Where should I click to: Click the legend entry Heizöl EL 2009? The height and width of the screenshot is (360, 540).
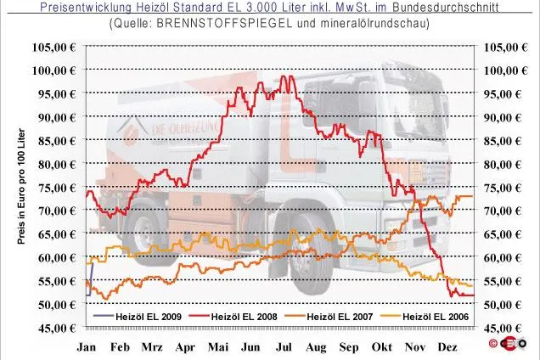(x=138, y=316)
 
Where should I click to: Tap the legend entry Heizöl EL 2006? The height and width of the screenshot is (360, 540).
(x=425, y=316)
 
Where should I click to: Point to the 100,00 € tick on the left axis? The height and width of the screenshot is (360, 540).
(x=53, y=70)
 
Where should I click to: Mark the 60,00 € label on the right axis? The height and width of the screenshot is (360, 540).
(x=503, y=257)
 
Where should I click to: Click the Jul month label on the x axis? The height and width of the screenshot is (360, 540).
(x=284, y=347)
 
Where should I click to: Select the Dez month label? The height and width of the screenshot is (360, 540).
(x=447, y=347)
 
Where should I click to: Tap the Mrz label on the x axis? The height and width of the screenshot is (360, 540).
(x=152, y=347)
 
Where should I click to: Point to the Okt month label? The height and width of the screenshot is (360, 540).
(x=381, y=347)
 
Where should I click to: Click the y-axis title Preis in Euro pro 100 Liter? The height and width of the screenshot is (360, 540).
(x=21, y=187)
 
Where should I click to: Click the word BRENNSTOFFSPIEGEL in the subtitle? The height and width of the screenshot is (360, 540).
(x=224, y=24)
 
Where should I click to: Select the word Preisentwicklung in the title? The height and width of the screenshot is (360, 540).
(x=86, y=7)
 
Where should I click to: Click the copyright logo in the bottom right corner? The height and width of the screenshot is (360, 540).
(x=507, y=344)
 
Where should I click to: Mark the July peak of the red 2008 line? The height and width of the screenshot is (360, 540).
(x=283, y=76)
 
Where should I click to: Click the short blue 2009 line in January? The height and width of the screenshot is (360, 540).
(x=89, y=279)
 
